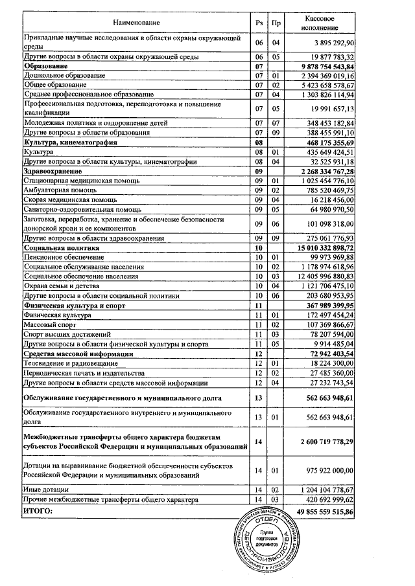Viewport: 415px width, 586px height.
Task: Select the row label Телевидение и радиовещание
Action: click(65, 364)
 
